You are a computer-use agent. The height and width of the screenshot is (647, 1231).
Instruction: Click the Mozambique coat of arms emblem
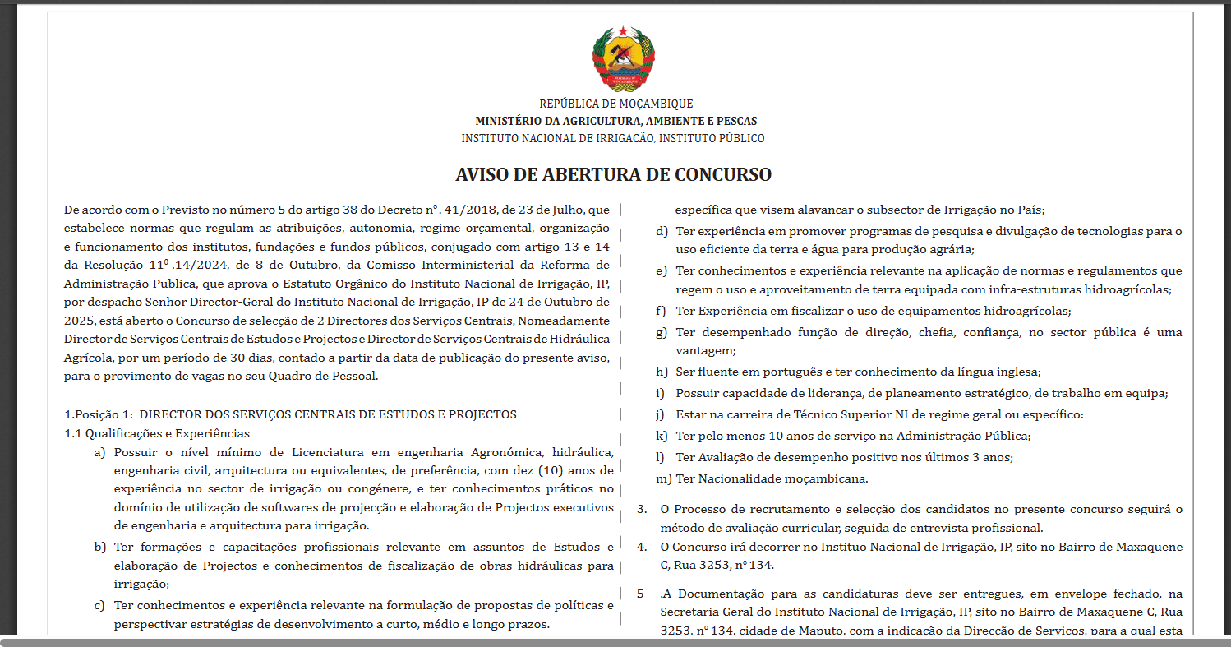(x=624, y=58)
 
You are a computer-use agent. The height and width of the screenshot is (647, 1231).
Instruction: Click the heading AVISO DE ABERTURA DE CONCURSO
(x=614, y=174)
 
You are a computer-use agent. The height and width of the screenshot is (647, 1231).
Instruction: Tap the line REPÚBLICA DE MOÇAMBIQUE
(x=615, y=104)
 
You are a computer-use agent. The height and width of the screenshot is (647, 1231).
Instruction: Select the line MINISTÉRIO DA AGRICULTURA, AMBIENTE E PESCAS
(x=615, y=121)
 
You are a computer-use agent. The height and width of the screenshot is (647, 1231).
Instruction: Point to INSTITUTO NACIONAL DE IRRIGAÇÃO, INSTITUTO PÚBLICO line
(x=613, y=138)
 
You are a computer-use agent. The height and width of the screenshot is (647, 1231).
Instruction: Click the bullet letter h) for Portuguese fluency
(x=662, y=372)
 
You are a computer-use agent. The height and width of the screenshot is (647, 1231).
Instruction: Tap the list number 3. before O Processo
(x=642, y=510)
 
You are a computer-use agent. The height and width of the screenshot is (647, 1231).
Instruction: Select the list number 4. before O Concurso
(x=642, y=547)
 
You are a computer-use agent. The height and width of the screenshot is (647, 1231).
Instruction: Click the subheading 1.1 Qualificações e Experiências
(x=157, y=433)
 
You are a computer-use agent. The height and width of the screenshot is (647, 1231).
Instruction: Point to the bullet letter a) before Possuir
(x=100, y=453)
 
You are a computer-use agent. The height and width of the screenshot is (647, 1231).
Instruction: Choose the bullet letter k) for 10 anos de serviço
(x=662, y=436)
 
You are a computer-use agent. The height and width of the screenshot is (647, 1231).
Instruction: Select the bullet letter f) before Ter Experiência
(x=661, y=312)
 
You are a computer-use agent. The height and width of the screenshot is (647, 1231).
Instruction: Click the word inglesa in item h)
(x=1017, y=372)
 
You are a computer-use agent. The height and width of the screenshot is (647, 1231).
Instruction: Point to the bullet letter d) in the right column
(x=662, y=231)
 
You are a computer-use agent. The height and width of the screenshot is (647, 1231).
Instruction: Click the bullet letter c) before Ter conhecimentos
(x=99, y=606)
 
